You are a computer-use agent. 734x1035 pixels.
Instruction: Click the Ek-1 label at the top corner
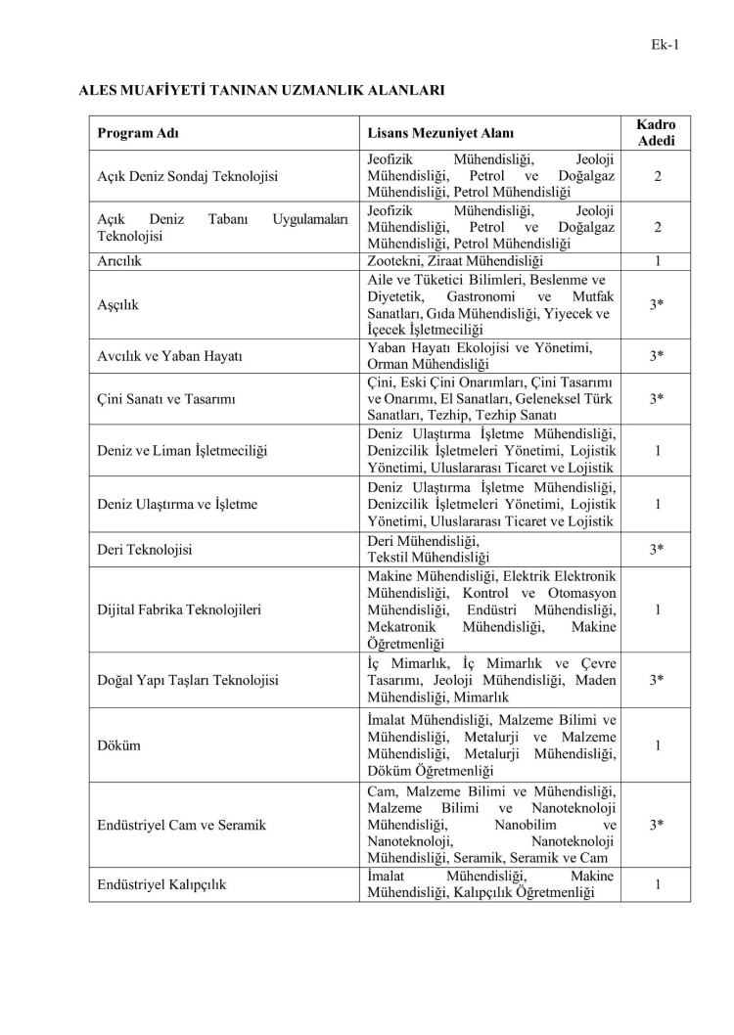665,43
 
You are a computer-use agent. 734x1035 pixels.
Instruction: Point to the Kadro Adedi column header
657,133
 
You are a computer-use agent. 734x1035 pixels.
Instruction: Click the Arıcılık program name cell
121,261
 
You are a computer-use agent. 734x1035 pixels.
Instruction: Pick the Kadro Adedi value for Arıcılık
658,261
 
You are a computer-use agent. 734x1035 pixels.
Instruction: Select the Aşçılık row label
118,304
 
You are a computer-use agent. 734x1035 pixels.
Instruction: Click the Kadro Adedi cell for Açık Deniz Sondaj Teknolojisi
658,176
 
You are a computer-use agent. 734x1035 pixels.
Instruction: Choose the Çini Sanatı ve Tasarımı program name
172,398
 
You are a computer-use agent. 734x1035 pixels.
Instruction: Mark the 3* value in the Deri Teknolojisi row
658,549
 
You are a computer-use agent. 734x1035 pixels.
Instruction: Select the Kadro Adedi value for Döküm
658,744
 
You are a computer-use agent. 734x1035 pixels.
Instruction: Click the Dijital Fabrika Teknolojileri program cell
179,609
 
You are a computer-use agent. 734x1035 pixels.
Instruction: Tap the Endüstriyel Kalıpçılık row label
161,885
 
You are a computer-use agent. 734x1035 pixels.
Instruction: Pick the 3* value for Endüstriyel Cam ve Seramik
658,825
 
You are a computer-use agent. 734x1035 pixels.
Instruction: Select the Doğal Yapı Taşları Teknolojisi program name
188,679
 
